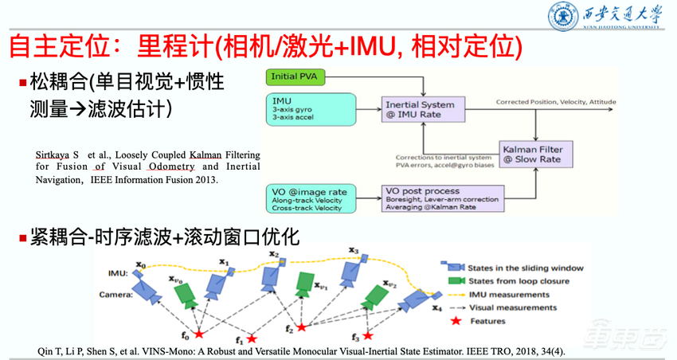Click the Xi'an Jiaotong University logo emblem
[x=562, y=17]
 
